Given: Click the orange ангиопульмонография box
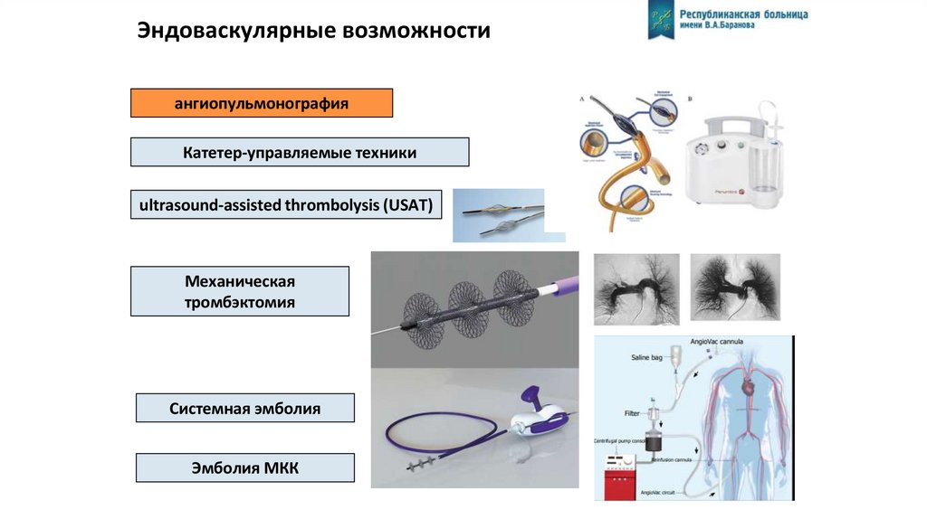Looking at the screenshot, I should click(x=262, y=103).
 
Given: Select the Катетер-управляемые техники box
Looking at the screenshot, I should click(x=300, y=152).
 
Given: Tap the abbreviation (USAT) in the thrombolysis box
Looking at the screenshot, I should click(x=412, y=205).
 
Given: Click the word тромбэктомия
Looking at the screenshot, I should click(x=240, y=303).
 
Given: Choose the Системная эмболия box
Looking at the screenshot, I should click(x=245, y=409).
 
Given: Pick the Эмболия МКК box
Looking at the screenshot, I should click(x=244, y=467).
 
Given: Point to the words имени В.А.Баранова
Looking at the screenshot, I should click(x=721, y=26).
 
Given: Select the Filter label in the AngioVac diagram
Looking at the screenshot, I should click(x=632, y=413).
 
